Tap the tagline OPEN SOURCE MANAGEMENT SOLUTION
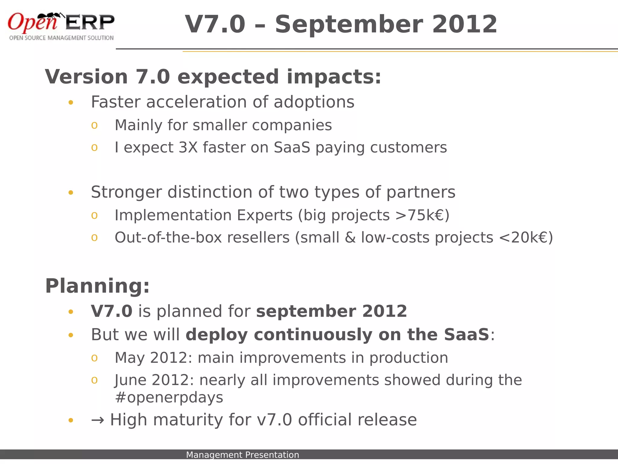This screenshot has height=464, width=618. [x=61, y=38]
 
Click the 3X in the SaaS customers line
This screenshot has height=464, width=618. [x=188, y=148]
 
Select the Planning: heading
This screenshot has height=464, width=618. [x=97, y=286]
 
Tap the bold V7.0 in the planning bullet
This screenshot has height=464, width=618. [x=111, y=311]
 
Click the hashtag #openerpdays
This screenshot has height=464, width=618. [x=169, y=398]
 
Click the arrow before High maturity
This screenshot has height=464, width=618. [x=97, y=420]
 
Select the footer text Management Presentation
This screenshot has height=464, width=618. [x=242, y=455]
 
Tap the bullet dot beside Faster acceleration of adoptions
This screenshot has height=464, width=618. [x=71, y=103]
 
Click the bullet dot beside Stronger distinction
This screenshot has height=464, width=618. [x=71, y=193]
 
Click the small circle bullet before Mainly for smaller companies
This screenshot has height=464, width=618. [x=94, y=125]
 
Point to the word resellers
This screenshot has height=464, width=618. [x=258, y=238]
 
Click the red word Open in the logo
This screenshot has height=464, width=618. [x=32, y=22]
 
